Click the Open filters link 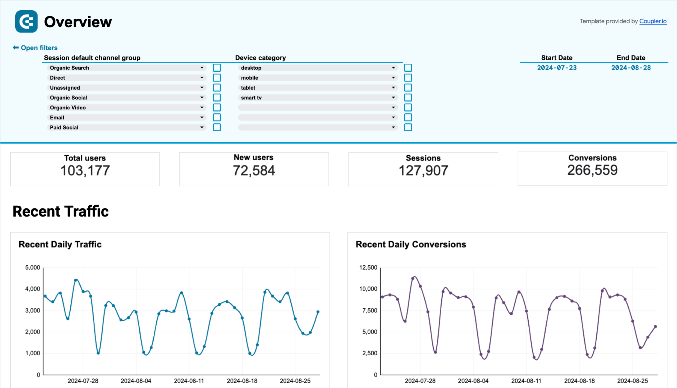click(39, 48)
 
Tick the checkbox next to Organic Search click(217, 68)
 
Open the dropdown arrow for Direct click(202, 77)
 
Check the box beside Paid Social click(217, 127)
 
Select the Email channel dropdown click(126, 118)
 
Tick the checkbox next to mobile click(408, 77)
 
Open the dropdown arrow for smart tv click(393, 98)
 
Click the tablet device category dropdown click(317, 88)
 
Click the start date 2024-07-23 click(556, 68)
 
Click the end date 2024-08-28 click(631, 68)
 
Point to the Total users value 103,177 click(85, 170)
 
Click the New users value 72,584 click(254, 170)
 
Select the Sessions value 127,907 click(423, 170)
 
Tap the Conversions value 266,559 click(592, 170)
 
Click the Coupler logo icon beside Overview click(26, 22)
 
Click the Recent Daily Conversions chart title click(411, 244)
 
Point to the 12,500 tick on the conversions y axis click(368, 267)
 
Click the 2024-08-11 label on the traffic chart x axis click(189, 381)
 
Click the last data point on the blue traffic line click(318, 312)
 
